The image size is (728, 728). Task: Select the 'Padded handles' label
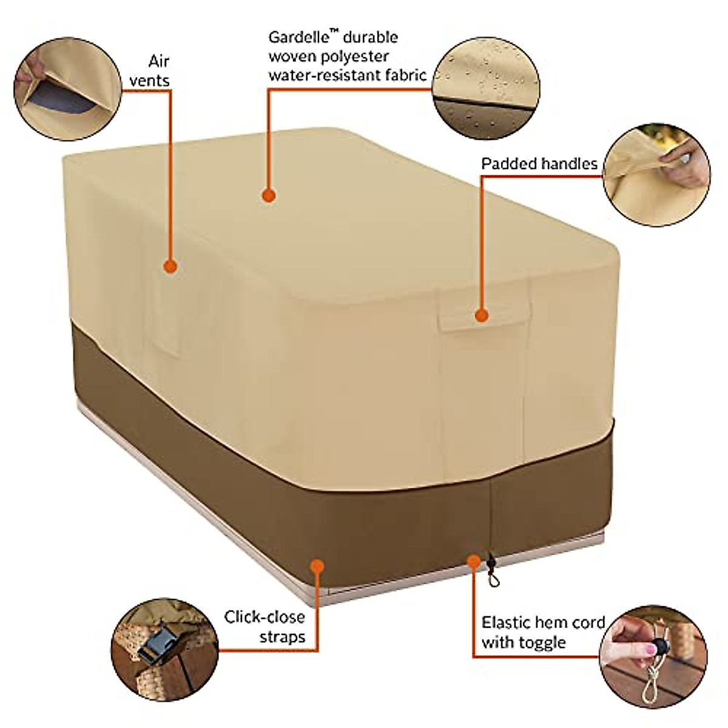point(539,164)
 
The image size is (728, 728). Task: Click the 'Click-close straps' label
point(265,627)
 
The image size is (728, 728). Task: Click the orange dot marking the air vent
point(170,266)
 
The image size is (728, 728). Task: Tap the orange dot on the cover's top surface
point(268,195)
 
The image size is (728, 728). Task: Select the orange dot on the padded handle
point(481,315)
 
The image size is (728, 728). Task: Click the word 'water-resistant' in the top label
point(323,75)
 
